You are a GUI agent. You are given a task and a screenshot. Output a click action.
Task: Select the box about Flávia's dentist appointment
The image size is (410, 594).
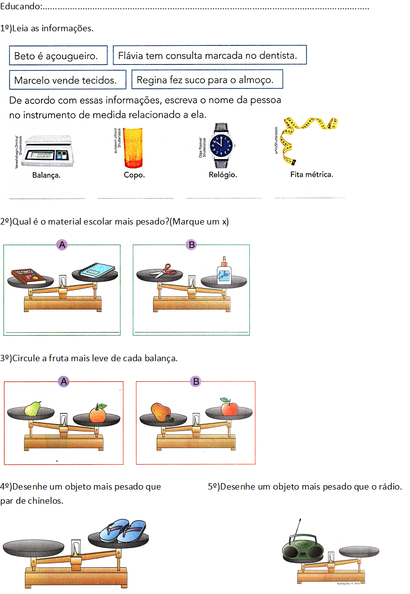pos(209,55)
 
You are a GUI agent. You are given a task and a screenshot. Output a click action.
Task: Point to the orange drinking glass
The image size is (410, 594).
pos(133,147)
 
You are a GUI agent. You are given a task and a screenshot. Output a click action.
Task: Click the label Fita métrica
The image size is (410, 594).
pos(311,174)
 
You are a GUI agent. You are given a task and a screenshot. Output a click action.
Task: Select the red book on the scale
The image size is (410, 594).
pos(28,276)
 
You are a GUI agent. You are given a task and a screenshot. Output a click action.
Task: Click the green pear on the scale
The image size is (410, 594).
pos(33,409)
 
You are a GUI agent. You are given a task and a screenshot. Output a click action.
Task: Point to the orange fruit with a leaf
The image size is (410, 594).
pos(98,414)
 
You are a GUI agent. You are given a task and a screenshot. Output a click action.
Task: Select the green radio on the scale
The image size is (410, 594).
pos(303,548)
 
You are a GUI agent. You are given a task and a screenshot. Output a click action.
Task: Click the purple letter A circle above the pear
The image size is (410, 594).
pos(63,382)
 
